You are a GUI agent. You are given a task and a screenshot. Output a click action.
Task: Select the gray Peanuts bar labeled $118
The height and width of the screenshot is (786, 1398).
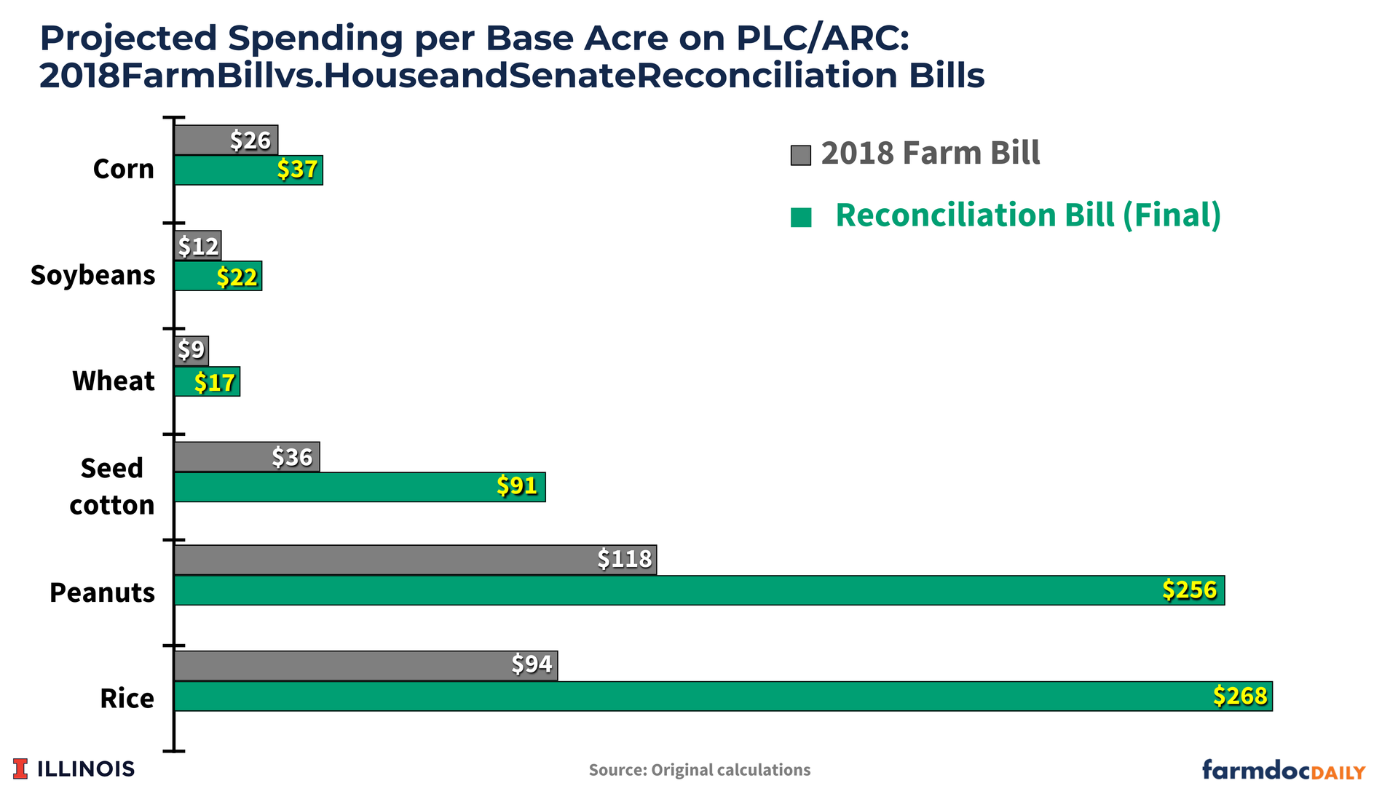pos(415,560)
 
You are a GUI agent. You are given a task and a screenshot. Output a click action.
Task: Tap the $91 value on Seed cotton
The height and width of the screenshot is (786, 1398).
pos(517,485)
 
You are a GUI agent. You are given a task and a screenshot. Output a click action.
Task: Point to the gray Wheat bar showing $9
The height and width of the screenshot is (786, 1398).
pos(191,351)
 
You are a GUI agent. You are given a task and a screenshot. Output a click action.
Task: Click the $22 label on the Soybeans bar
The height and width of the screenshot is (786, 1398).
pos(237,277)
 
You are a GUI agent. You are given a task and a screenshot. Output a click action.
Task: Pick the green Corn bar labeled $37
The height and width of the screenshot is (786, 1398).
pos(248,170)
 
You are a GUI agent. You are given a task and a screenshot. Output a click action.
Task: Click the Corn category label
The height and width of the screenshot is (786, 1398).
pos(124,169)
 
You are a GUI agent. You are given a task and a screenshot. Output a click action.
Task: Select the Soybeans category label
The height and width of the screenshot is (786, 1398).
pos(93,275)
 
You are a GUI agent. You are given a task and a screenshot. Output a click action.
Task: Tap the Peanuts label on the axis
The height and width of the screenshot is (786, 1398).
pos(102,592)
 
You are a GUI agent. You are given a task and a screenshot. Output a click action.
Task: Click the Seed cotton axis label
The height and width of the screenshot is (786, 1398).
pos(111,486)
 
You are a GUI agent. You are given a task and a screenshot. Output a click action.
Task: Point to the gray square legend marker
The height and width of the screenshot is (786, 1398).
pos(800,155)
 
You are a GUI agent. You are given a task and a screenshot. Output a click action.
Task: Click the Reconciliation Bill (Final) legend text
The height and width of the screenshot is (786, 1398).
pos(1027,215)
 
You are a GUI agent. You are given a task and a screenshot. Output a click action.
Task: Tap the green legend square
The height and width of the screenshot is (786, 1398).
pos(801,218)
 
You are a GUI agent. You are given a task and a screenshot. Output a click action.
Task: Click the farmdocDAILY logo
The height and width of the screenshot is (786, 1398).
pos(1283,769)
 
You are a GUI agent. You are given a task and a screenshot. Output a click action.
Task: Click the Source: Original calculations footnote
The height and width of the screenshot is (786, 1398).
pos(699,770)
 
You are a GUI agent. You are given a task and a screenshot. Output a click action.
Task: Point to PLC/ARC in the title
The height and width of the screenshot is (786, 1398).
pos(822,38)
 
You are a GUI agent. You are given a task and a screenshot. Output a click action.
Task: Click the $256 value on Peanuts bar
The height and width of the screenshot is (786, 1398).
pos(1189,589)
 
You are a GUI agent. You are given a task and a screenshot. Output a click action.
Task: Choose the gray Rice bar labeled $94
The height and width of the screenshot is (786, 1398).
pos(366,665)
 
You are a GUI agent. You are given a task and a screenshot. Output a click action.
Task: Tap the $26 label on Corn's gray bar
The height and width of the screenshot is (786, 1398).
pos(250,140)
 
